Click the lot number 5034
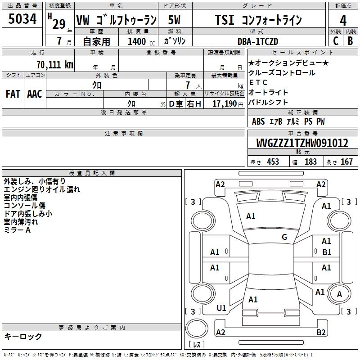point(22,19)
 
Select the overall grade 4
point(343,21)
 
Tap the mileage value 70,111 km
point(55,65)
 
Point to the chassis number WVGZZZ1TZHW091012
point(302,143)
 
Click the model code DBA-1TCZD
point(258,41)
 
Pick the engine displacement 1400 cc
point(141,41)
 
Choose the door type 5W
point(174,20)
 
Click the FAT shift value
point(13,94)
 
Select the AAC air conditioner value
point(35,94)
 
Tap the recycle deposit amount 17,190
point(225,104)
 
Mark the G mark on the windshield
point(284,237)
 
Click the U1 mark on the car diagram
point(221,308)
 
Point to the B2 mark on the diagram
point(321,332)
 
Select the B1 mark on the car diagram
point(327,252)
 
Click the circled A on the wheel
point(339,294)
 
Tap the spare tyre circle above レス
point(197,328)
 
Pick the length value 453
point(273,162)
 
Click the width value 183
point(310,162)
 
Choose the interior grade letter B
point(350,41)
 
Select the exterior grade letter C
point(336,41)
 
